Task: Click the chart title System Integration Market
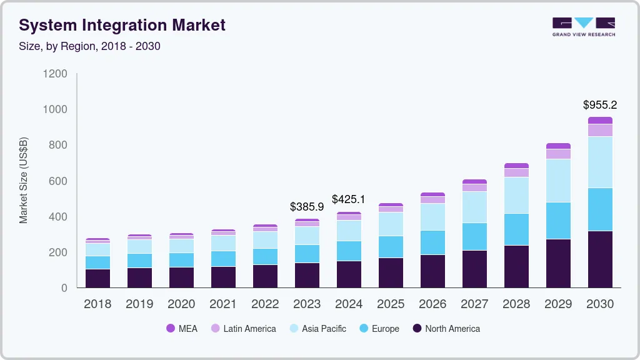(122, 26)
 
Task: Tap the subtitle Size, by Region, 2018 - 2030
(89, 46)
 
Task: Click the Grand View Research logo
(583, 26)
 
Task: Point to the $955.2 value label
(600, 105)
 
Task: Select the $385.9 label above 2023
(307, 206)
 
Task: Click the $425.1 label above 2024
(349, 200)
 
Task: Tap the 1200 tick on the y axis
(55, 74)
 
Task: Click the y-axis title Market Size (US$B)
(24, 180)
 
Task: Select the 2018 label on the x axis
(97, 304)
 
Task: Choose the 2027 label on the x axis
(474, 304)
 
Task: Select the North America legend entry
(446, 329)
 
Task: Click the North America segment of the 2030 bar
(600, 259)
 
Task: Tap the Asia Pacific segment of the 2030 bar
(600, 162)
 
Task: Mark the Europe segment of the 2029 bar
(558, 220)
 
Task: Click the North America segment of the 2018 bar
(97, 278)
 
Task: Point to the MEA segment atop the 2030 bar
(600, 120)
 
